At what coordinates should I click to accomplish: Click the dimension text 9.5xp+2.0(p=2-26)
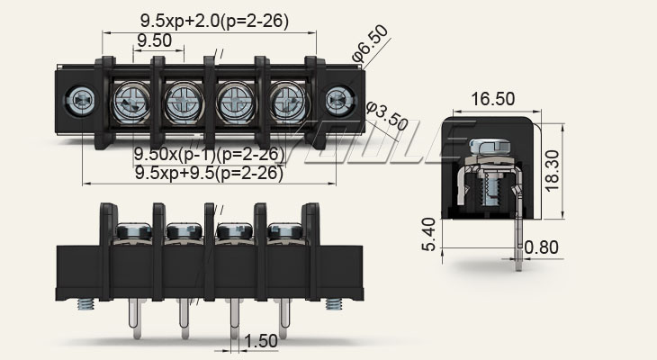(214, 20)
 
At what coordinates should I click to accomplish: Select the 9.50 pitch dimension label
(155, 40)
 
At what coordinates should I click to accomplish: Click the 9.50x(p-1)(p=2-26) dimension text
(209, 154)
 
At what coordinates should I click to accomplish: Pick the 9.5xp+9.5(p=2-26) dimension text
(209, 174)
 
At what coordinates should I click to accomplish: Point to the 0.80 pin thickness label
(542, 247)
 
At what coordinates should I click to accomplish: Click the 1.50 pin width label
(261, 341)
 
